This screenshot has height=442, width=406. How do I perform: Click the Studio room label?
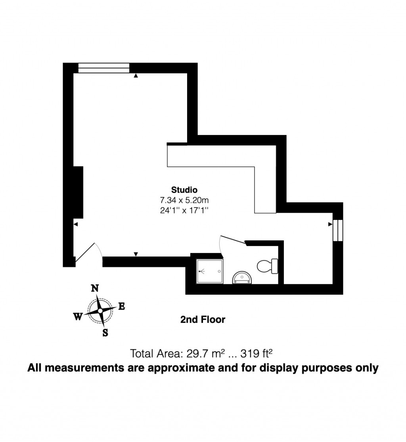[184, 189]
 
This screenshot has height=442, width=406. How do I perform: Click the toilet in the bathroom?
[268, 266]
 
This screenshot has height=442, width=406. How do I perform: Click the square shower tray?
[210, 271]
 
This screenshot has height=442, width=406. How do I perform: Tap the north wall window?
[104, 68]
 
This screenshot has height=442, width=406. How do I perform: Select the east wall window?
[337, 230]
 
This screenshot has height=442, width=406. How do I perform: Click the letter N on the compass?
[95, 288]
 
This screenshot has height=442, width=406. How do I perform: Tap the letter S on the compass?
[105, 333]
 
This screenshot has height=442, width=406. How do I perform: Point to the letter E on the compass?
[122, 306]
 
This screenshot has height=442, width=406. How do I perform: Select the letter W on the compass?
[78, 316]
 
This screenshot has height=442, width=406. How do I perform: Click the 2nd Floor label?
[203, 319]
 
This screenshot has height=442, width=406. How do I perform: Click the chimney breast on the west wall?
[78, 192]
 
